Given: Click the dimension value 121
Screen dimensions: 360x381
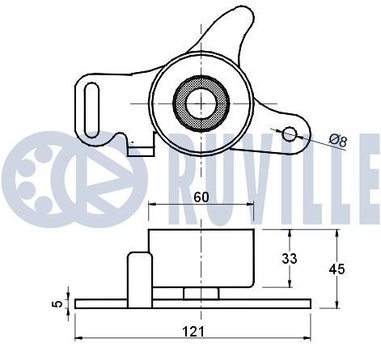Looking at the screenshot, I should point(193,330).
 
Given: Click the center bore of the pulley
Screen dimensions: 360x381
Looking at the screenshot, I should point(200,104).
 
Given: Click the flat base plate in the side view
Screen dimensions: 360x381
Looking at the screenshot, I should point(193,303).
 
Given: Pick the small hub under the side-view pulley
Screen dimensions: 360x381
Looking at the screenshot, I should point(200,292).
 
